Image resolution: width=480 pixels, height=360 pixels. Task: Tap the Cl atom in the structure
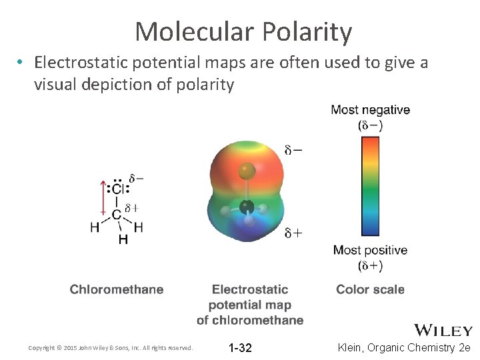click(117, 190)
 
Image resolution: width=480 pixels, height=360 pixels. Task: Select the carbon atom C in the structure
click(116, 215)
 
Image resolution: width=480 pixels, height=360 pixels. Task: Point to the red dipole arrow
click(103, 197)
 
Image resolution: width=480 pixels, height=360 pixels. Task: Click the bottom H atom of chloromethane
click(123, 239)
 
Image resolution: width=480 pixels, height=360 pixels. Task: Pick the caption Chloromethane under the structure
click(117, 289)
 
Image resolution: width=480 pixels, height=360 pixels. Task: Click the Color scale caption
click(370, 289)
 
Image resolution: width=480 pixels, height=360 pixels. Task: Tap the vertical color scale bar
click(370, 187)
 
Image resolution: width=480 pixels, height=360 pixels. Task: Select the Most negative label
click(370, 110)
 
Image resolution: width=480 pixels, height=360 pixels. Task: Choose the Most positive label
click(370, 251)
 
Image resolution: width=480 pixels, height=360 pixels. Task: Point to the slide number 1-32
click(240, 348)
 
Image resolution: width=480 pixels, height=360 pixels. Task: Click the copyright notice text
click(111, 348)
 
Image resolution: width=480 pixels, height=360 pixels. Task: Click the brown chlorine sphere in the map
click(247, 171)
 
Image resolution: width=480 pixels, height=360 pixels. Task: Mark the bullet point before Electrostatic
click(22, 63)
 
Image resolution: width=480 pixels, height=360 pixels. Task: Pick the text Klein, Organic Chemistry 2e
click(405, 348)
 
